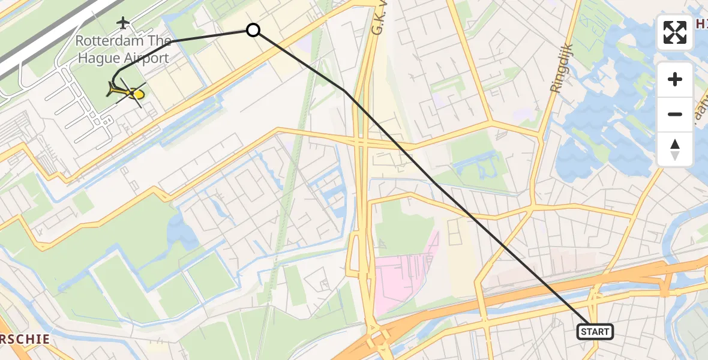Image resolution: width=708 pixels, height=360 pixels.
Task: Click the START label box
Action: point(595,332)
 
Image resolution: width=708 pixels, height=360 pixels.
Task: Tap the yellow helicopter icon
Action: point(126,92)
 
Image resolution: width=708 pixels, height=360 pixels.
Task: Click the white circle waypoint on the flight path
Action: point(253,29)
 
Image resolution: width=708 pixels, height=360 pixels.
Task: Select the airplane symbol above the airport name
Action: point(124,23)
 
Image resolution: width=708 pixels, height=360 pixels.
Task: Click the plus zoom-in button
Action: point(675,79)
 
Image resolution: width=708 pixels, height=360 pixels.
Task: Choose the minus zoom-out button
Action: point(675,114)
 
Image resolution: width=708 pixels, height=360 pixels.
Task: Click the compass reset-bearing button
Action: point(675,149)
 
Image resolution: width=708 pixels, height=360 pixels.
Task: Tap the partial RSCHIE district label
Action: point(24,339)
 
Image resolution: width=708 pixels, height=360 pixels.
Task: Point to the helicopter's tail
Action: point(112,91)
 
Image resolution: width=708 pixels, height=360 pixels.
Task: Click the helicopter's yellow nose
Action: point(139,94)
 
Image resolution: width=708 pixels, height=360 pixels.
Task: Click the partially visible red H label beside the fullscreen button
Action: point(701,23)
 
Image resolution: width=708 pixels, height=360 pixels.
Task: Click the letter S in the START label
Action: point(584,332)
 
